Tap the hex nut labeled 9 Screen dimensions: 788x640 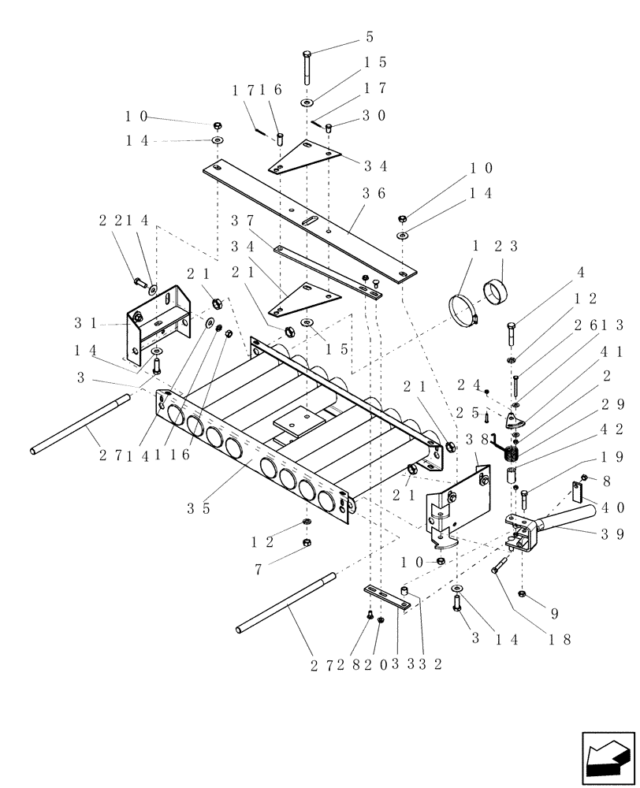pyautogui.click(x=523, y=593)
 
